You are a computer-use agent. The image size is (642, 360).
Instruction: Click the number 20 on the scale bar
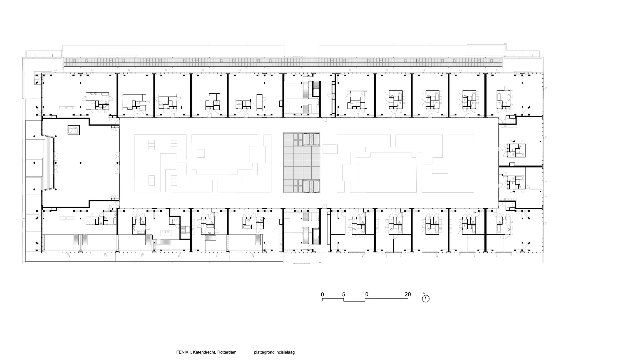coord(407,294)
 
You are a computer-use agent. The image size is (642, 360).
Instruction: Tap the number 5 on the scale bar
coord(343,294)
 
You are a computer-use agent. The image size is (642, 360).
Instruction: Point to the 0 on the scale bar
coord(322,294)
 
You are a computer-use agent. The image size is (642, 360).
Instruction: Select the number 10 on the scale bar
coord(365,294)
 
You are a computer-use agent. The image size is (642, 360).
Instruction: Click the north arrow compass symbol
coord(426,298)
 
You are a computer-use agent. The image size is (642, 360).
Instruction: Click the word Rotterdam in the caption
coord(227,352)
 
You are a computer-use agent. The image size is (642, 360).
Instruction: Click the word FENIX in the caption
coord(182,352)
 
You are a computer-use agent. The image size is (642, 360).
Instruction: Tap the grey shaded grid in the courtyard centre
coord(302,162)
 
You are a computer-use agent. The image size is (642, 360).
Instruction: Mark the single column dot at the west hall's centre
coord(81,163)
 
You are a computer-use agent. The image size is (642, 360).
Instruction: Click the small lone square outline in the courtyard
coord(201,154)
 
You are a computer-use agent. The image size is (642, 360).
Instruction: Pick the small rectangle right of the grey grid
coord(330,149)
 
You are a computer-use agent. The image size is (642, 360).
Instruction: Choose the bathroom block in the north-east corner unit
coord(504,99)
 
